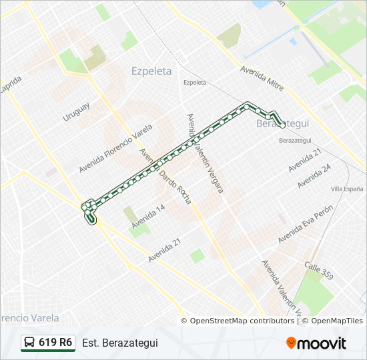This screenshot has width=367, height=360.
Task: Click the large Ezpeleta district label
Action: [x=151, y=71]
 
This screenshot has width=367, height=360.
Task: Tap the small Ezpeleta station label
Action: [x=195, y=83]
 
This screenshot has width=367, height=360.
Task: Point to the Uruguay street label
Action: [x=76, y=111]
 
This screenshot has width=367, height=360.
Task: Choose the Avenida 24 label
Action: [x=314, y=176]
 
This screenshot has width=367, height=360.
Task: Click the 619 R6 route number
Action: [x=55, y=343]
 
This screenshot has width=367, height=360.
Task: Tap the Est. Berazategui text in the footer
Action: [x=120, y=343]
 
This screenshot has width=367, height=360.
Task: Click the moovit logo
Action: [x=316, y=343]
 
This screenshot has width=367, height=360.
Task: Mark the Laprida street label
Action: [x=11, y=86]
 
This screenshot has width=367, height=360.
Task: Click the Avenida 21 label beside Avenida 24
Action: [x=305, y=160]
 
